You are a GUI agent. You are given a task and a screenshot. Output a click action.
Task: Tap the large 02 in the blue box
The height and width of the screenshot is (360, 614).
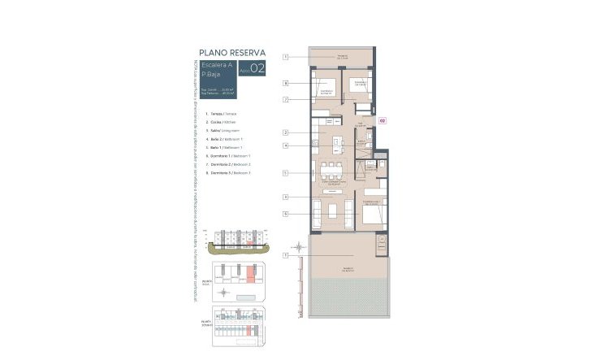tap(257, 69)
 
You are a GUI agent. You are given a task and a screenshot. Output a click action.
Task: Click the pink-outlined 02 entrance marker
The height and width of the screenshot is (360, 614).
tap(382, 120)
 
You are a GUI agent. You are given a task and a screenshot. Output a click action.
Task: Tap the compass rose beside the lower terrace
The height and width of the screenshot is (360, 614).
tap(299, 245)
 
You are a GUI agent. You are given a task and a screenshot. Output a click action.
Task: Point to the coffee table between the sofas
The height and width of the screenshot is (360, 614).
tap(333, 211)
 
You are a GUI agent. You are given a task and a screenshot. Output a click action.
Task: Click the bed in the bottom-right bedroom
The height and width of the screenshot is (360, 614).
tap(371, 213)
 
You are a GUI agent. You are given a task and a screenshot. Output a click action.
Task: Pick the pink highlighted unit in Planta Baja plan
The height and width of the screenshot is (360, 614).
tap(250, 280)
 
